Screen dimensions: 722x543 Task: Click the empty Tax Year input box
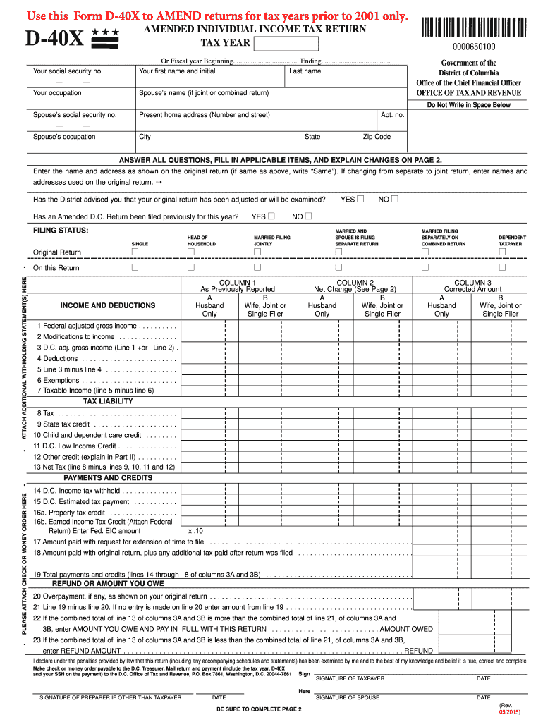(x=286, y=44)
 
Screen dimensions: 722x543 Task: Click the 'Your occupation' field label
(x=57, y=93)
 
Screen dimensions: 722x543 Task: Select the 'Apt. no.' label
(x=392, y=115)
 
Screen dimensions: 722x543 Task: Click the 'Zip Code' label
(x=377, y=137)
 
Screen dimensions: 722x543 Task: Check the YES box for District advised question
(x=360, y=200)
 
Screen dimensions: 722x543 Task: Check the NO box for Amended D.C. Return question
(x=308, y=216)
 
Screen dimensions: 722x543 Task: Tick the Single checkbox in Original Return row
(x=135, y=252)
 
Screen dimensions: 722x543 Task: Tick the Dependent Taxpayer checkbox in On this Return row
(x=502, y=268)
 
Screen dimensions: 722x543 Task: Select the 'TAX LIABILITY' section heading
(x=108, y=401)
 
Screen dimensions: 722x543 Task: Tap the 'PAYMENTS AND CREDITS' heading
(x=108, y=478)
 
